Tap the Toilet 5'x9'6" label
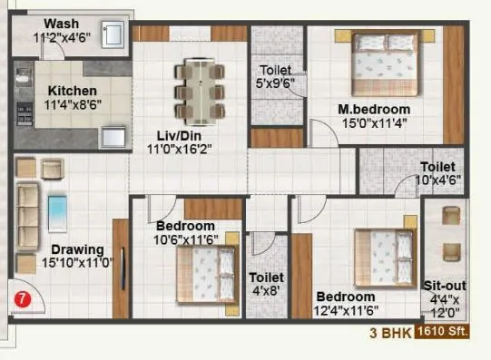point(276,71)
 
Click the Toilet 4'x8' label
point(266,277)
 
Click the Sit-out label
point(445,285)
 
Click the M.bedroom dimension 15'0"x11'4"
point(368,123)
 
